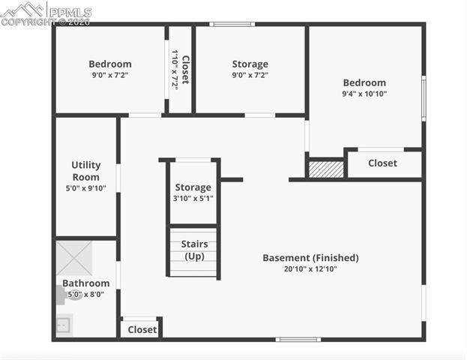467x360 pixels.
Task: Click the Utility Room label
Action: click(x=85, y=171)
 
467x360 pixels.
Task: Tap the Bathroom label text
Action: click(x=85, y=283)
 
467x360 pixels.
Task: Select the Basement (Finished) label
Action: click(x=310, y=258)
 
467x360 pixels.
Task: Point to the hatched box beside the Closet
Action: click(x=326, y=169)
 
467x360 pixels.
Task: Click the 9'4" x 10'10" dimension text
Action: click(x=364, y=94)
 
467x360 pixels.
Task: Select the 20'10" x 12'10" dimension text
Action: click(x=310, y=268)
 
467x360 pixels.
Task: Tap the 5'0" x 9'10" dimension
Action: click(x=85, y=188)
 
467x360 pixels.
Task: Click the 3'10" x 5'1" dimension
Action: click(x=193, y=199)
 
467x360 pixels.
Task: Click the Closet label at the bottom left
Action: click(x=142, y=329)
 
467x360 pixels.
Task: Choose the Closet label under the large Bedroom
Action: click(x=382, y=163)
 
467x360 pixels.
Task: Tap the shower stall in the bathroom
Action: click(x=74, y=257)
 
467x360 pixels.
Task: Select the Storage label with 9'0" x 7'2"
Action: click(x=250, y=64)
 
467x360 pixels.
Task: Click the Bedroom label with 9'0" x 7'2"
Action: click(x=110, y=64)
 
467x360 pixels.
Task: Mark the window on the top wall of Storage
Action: click(x=232, y=25)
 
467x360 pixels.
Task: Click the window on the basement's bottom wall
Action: click(x=298, y=340)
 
